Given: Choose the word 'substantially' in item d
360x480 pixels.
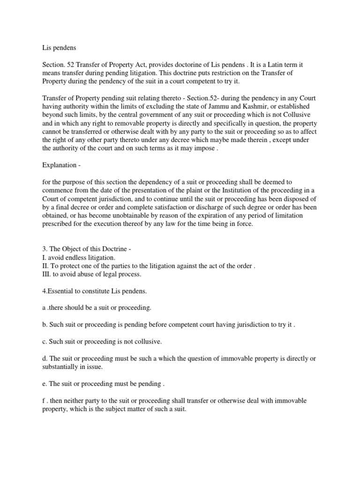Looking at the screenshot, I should (61, 367).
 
